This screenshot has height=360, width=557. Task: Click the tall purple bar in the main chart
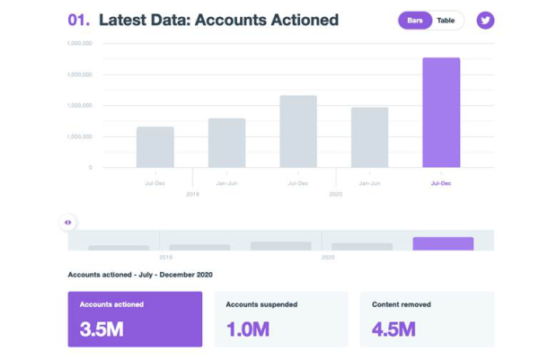click(441, 112)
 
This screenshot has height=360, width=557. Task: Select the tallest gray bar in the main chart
click(298, 131)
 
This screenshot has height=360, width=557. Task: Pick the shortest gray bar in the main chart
click(155, 146)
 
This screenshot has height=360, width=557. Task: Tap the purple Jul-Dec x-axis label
click(441, 182)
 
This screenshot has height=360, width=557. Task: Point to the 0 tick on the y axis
click(90, 167)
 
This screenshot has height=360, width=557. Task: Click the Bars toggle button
click(415, 20)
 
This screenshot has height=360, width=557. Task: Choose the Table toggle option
click(446, 20)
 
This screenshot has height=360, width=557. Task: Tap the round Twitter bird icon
click(485, 20)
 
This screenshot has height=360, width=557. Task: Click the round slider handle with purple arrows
click(67, 222)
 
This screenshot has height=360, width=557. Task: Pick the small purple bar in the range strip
click(443, 243)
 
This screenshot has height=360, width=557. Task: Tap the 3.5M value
click(102, 329)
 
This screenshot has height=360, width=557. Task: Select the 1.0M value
click(247, 329)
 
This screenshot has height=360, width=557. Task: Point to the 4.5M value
click(393, 329)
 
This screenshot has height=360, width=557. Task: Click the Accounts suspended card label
click(261, 304)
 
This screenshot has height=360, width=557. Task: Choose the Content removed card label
click(401, 304)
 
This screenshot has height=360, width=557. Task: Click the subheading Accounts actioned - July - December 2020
click(140, 274)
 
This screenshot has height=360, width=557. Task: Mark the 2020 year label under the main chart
click(335, 194)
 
